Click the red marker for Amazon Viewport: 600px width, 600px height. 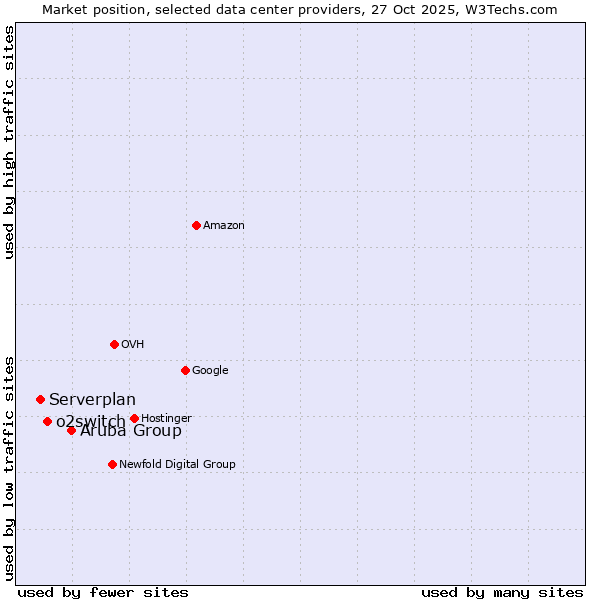click(196, 225)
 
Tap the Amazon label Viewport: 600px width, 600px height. click(224, 226)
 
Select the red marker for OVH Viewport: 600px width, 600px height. click(114, 344)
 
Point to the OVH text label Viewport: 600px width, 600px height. click(133, 345)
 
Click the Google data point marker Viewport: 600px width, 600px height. click(185, 370)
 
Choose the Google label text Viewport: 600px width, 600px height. click(210, 371)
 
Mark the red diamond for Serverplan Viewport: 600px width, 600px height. click(40, 399)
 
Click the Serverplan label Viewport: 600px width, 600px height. click(92, 400)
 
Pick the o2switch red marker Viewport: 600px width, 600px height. click(47, 421)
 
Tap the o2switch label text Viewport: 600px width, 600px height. click(90, 422)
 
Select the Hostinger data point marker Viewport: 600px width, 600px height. click(134, 418)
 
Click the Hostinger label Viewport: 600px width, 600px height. click(166, 418)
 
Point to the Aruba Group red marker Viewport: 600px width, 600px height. click(71, 430)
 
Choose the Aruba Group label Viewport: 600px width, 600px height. click(131, 431)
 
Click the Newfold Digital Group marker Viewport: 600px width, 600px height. click(112, 464)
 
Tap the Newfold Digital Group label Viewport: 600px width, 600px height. click(177, 465)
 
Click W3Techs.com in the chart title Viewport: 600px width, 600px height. click(522, 9)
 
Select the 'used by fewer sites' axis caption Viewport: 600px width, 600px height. click(103, 592)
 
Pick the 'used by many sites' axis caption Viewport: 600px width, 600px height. click(502, 592)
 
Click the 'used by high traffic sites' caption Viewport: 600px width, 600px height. click(10, 142)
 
